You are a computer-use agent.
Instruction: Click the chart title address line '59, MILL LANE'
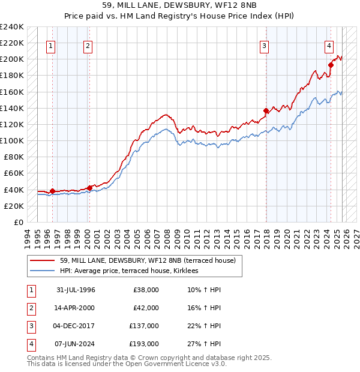[x=180, y=7]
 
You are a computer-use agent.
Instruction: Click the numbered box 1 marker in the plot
[x=52, y=46]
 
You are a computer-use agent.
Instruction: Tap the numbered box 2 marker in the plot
[x=88, y=46]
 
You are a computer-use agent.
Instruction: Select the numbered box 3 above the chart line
[x=264, y=46]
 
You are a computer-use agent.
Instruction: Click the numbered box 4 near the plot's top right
[x=329, y=46]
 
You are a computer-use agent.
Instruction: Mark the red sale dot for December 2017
[x=266, y=110]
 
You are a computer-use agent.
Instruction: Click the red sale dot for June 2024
[x=331, y=65]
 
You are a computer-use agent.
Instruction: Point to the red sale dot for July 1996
[x=52, y=191]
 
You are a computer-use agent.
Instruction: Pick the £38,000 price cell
[x=146, y=290]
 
